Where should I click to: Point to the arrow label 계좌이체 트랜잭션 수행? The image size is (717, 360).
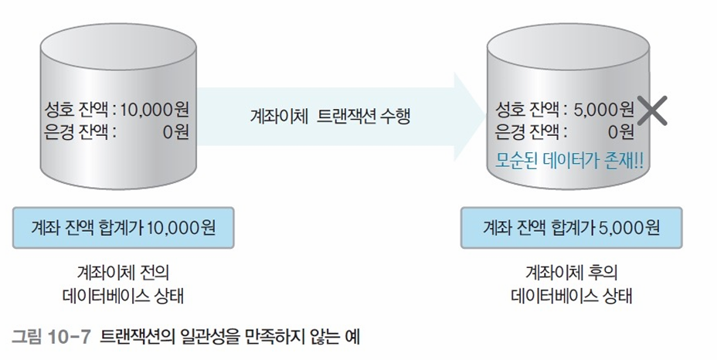pyautogui.click(x=331, y=117)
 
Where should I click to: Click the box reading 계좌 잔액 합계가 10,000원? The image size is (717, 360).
pyautogui.click(x=124, y=228)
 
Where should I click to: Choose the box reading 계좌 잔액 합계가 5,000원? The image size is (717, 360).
pyautogui.click(x=572, y=228)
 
